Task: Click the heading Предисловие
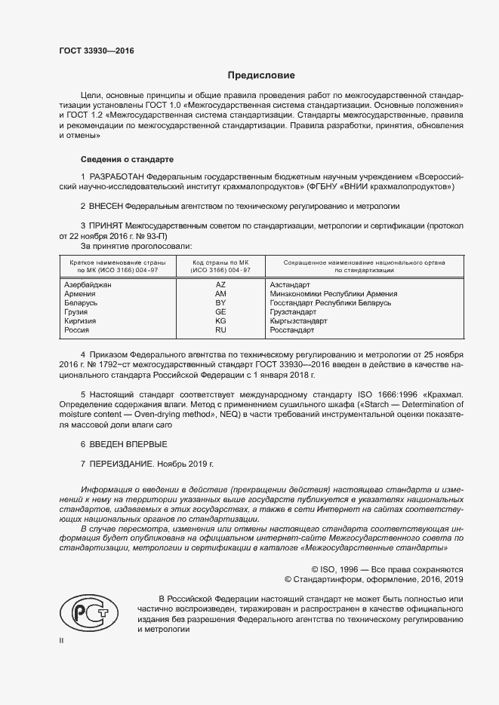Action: click(x=261, y=75)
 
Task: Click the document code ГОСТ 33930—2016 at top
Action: click(x=96, y=51)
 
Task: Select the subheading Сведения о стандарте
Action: click(x=127, y=160)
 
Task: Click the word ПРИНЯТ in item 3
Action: click(x=106, y=225)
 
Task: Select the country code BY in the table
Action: click(x=220, y=302)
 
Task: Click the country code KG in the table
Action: click(x=220, y=320)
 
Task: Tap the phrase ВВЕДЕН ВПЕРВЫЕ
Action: click(x=128, y=444)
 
